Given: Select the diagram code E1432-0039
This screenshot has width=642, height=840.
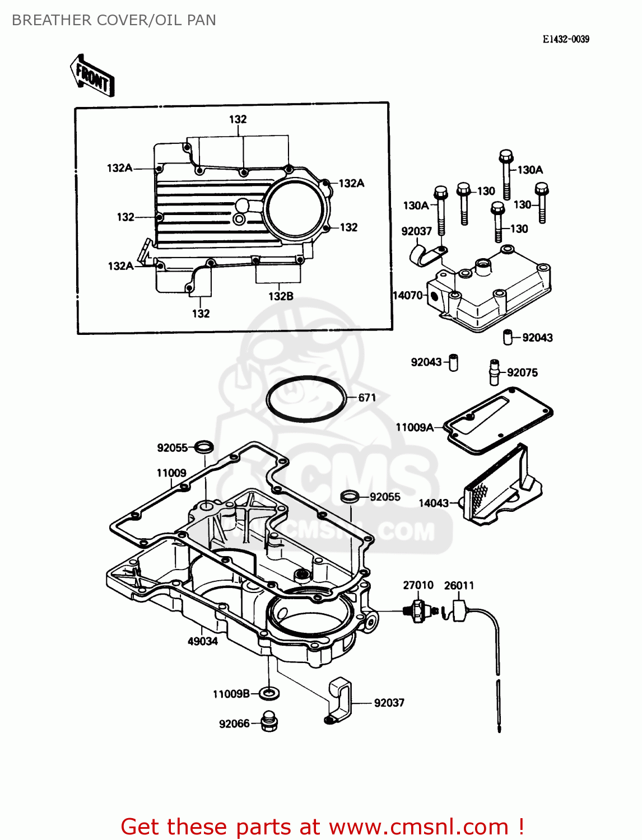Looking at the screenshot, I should pos(565,39).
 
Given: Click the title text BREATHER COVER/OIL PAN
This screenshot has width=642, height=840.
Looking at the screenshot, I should pos(114,20).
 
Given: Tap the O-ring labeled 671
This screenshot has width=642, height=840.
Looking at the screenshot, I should pos(306,399).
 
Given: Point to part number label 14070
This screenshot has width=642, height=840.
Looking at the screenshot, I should pos(408,295).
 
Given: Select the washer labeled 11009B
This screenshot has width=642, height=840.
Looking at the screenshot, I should pos(270,694).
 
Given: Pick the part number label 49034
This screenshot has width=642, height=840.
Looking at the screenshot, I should pos(202,641).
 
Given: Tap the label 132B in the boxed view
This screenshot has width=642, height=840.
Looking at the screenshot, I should pos(281,296).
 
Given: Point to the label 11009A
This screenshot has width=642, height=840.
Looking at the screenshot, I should pos(415,427).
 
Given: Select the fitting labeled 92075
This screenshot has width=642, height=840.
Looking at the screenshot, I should pos(494,372).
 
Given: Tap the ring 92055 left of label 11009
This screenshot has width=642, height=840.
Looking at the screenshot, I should pos(204,447).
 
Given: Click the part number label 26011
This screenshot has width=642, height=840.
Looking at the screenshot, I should pos(459,585).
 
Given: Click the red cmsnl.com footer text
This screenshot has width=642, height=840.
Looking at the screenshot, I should pos(322,827).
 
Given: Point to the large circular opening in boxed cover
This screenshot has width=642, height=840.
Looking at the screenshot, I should pos(295,209).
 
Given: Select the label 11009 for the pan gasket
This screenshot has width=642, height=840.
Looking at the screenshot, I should pos(171,473).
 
